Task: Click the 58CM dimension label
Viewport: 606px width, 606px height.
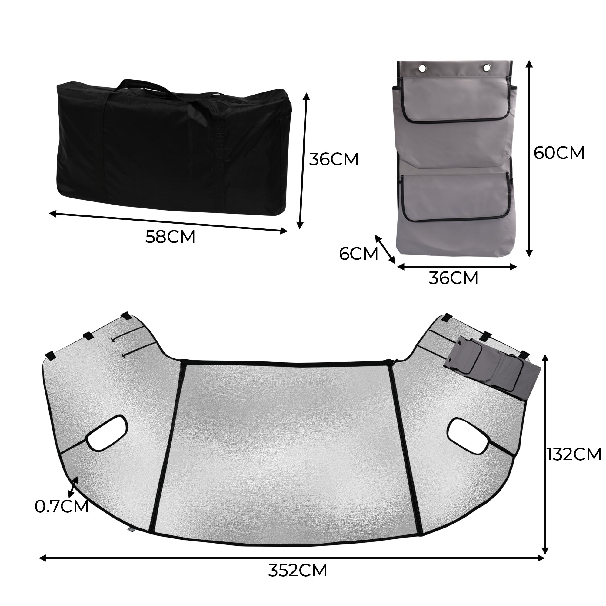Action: coord(170,237)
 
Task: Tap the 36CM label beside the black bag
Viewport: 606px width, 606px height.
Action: coord(333,159)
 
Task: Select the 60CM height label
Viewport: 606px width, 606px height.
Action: coord(559,153)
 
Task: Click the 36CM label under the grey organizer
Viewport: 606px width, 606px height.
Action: coord(453,278)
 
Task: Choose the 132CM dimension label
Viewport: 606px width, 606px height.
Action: coord(574,454)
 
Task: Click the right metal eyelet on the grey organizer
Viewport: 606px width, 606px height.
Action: coord(487,68)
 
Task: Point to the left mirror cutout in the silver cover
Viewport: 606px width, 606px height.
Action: coord(107,433)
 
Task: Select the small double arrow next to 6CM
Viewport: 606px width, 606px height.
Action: coord(385,249)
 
